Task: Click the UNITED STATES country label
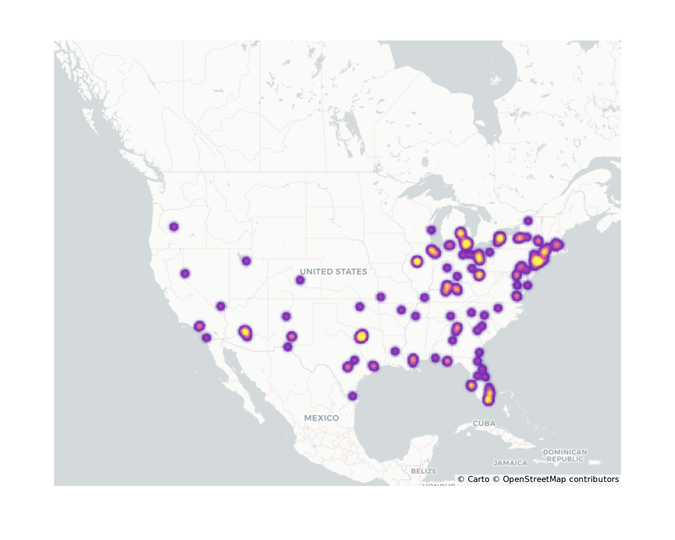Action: (x=333, y=272)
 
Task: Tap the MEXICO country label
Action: (x=321, y=418)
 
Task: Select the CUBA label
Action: (x=484, y=423)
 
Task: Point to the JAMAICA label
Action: (x=510, y=463)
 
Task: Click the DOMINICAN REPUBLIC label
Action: (x=565, y=455)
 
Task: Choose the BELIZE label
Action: (x=424, y=471)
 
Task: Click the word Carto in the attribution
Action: (x=478, y=479)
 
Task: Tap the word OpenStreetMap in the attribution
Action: (x=534, y=479)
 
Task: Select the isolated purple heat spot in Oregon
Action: (x=174, y=227)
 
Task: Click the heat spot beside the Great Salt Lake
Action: (x=246, y=261)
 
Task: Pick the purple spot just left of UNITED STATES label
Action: (x=300, y=280)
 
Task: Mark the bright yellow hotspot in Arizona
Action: (x=245, y=332)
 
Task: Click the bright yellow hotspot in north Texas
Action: (x=361, y=336)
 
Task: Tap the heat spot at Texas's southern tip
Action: (x=352, y=396)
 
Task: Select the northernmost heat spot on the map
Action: (x=528, y=221)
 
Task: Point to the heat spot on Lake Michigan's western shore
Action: (x=431, y=230)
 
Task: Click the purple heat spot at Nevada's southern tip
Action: (x=221, y=306)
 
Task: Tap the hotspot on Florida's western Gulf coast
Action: (x=471, y=385)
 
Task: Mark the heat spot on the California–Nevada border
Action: (x=185, y=273)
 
